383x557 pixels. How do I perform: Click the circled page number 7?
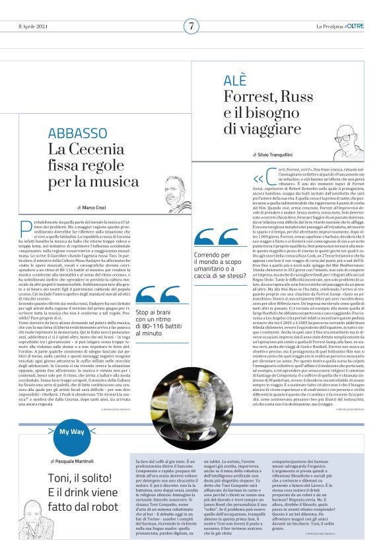click(191, 26)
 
